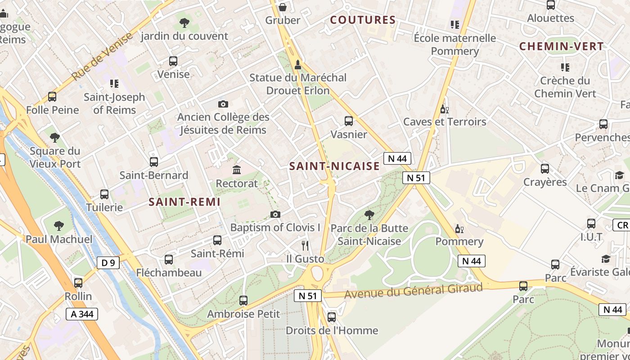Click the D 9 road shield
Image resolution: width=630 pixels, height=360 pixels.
point(108,263)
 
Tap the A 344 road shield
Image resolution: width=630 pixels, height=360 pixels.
point(81,314)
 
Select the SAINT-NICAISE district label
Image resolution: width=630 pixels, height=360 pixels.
point(334,166)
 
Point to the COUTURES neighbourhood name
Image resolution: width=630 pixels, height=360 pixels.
point(363,20)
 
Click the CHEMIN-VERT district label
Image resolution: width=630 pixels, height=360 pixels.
point(561,46)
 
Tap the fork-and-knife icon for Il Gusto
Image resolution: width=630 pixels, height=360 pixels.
point(305,245)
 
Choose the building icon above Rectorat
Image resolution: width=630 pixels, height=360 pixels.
point(237,170)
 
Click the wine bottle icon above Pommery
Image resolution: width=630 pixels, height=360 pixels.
point(459,229)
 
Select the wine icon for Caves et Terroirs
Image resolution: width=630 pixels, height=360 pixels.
point(445,109)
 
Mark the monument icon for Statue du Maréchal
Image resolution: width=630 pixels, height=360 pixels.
point(297,65)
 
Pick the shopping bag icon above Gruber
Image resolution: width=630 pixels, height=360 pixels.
point(283,7)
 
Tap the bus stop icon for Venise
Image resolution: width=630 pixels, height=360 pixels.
point(173,61)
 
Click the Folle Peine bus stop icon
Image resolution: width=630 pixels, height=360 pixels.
point(52,97)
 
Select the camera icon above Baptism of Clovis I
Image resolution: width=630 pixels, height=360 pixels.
point(275,214)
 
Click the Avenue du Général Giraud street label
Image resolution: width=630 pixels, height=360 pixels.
point(413,291)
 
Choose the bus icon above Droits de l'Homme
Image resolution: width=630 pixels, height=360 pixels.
point(332,317)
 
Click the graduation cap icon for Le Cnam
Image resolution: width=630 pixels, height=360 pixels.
point(620,175)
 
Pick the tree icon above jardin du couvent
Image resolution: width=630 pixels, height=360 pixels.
point(184,23)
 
